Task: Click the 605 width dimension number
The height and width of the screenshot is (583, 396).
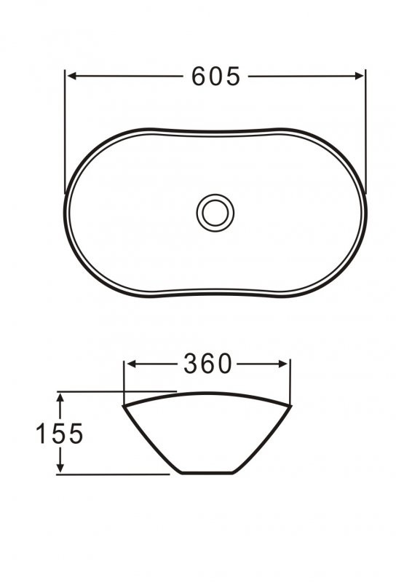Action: [x=215, y=76]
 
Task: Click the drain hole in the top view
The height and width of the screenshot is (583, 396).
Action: [x=215, y=211]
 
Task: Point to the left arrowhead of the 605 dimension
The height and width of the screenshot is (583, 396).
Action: [x=71, y=75]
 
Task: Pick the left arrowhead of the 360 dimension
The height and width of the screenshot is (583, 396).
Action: [x=130, y=364]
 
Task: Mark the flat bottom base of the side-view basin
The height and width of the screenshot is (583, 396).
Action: [x=207, y=474]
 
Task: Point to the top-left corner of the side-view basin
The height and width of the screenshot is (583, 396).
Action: [x=124, y=405]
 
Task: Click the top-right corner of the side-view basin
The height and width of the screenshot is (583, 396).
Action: [x=290, y=403]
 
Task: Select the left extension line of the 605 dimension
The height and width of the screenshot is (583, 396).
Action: [x=66, y=131]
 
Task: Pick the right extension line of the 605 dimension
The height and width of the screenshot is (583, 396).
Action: [x=364, y=131]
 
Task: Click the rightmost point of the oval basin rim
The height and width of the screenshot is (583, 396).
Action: [x=365, y=213]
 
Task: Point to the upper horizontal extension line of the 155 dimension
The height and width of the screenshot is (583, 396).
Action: [x=116, y=391]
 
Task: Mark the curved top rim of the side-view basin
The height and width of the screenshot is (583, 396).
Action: [x=207, y=394]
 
